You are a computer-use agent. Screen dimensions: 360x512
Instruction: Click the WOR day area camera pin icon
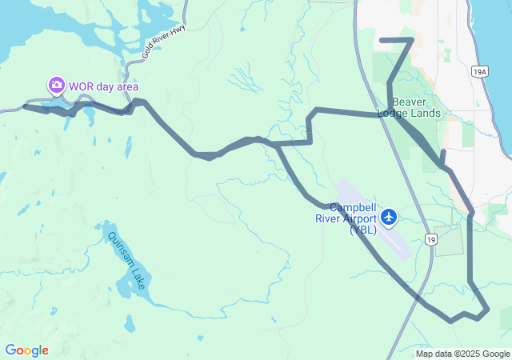click(56, 84)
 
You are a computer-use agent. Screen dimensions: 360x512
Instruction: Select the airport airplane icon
click(390, 216)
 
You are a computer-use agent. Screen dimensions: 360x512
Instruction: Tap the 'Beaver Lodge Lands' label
click(415, 107)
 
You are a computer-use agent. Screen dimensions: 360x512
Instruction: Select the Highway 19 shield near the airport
click(431, 239)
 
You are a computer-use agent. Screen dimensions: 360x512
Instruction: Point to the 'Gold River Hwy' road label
click(159, 44)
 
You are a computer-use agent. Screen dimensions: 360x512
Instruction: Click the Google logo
click(26, 350)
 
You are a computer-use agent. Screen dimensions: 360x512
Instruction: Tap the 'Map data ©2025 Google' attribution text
click(462, 354)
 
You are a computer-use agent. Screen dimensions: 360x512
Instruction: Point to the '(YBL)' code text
click(362, 230)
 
